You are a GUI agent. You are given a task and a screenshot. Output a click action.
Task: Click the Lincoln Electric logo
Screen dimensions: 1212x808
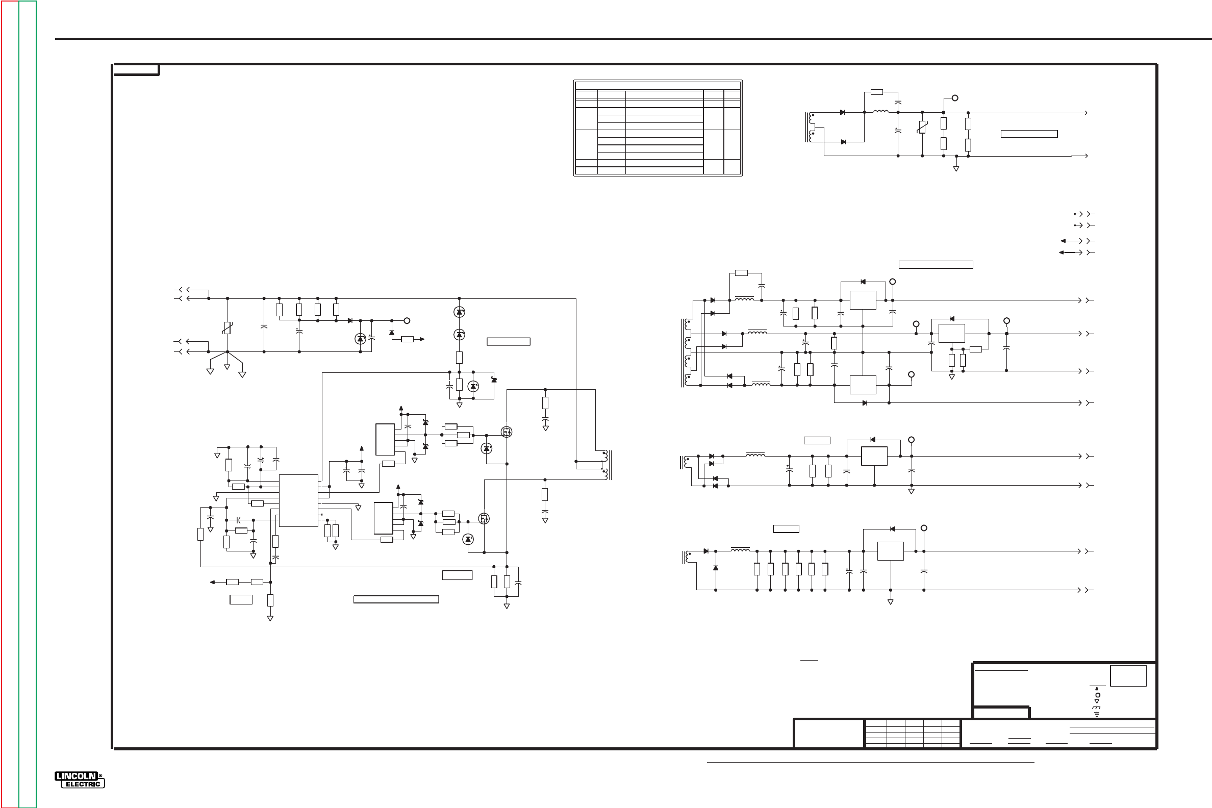80,779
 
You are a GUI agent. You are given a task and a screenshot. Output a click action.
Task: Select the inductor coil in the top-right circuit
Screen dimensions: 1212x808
880,111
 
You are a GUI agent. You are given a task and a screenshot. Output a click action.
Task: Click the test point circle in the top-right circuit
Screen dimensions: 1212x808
954,98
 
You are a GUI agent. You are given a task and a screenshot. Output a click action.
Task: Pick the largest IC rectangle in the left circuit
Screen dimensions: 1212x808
298,500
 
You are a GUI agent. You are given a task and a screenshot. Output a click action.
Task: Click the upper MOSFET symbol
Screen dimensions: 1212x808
507,432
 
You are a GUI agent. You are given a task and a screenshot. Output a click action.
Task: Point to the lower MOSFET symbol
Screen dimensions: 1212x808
484,518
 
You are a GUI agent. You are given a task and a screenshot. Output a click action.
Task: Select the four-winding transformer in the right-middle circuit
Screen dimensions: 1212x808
687,353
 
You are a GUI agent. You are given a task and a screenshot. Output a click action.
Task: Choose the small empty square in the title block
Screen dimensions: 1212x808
1128,675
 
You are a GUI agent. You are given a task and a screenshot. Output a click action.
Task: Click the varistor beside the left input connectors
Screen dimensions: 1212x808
226,327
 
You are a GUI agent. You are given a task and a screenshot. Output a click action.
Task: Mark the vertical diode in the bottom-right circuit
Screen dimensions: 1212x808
716,568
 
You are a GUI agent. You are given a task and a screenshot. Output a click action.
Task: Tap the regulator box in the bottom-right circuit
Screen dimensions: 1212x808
890,551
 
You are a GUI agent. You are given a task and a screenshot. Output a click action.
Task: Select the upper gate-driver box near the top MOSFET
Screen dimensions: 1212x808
385,440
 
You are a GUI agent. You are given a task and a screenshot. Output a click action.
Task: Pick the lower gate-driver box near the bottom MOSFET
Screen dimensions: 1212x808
383,518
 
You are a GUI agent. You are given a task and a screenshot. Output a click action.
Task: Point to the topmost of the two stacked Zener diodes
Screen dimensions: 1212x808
459,312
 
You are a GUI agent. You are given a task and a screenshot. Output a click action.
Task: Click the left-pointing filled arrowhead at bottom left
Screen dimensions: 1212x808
212,583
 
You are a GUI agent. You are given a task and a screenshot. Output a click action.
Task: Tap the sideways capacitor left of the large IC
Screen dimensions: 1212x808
239,520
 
